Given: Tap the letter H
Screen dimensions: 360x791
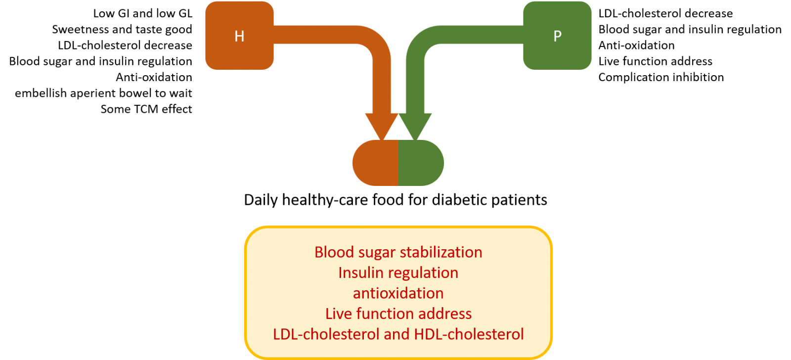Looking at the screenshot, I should [x=239, y=36].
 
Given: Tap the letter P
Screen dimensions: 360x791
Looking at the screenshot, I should [x=557, y=36].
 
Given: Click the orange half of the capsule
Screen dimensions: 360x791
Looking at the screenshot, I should [x=376, y=163].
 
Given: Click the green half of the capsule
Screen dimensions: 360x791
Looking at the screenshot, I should [x=421, y=163].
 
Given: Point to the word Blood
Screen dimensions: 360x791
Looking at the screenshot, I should [x=334, y=252].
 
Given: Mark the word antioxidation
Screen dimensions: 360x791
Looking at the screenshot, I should [x=398, y=293].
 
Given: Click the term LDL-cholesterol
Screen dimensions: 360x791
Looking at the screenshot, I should [x=326, y=334].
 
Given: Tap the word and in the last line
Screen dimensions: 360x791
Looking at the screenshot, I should [x=397, y=334].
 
